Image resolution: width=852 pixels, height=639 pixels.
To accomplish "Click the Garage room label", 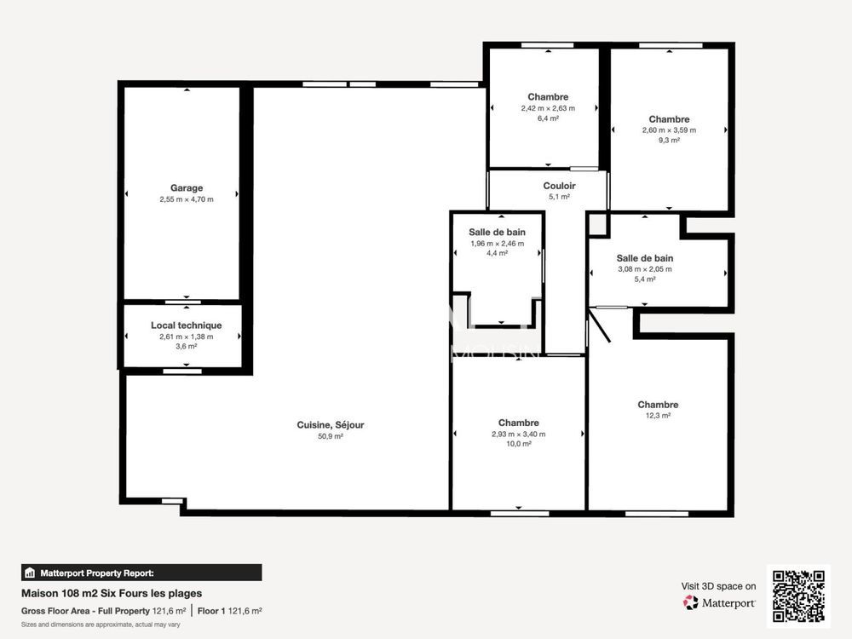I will (x=186, y=188).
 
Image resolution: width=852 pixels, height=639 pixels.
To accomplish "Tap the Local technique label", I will (x=186, y=325).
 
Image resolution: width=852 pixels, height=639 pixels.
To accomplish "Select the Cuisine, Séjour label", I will (x=331, y=425).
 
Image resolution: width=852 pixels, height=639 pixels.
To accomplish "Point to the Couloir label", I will (x=559, y=186).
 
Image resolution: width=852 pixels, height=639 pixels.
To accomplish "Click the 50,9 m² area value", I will (x=331, y=436).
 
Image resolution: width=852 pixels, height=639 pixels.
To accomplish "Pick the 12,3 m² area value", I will (x=658, y=416).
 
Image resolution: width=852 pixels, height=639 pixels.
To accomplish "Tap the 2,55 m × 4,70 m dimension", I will (x=186, y=199).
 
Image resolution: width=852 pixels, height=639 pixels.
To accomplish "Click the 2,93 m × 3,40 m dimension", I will (x=518, y=434).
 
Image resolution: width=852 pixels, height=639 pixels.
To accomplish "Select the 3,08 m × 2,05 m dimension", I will (x=644, y=269).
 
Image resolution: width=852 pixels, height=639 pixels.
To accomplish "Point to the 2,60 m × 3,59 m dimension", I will (x=669, y=130).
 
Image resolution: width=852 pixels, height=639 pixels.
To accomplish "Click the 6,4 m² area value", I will (x=548, y=119).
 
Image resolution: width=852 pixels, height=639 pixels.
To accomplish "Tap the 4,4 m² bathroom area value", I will (x=497, y=253).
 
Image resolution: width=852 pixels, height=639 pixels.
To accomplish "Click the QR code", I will (x=798, y=596).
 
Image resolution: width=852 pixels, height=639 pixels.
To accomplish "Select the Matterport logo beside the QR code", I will (x=719, y=602).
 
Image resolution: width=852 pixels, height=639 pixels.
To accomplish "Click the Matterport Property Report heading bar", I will (x=141, y=573).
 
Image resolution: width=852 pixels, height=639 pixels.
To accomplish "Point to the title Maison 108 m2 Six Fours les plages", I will (x=112, y=593).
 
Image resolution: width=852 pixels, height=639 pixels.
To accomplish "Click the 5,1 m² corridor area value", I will (x=559, y=197).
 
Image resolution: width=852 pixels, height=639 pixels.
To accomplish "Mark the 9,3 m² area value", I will (x=669, y=141).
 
